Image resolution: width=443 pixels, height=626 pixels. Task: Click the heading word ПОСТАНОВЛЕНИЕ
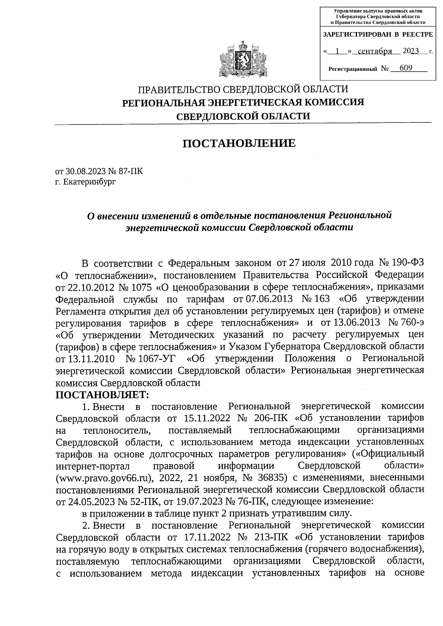239,143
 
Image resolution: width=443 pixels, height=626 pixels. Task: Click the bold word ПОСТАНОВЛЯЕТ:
102,395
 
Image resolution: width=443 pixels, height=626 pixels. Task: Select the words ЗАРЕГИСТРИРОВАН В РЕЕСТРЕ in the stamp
378,35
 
